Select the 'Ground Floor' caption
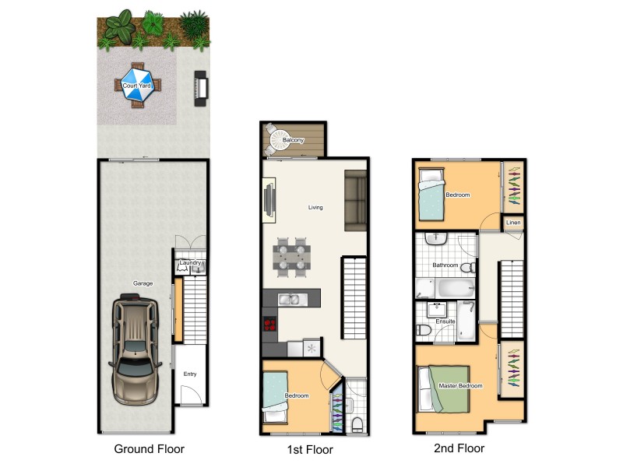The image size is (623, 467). tap(150, 449)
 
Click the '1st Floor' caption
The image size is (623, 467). tap(310, 450)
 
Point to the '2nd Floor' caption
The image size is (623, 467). tap(459, 448)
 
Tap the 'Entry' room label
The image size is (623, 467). tap(190, 374)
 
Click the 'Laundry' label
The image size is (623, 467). tap(191, 263)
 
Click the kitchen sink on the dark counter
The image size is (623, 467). tap(289, 298)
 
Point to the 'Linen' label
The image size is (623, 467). tap(513, 223)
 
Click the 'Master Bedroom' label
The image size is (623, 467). tap(460, 386)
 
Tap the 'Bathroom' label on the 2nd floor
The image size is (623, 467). tap(445, 265)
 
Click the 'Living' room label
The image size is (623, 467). tap(315, 208)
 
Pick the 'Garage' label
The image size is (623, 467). tap(142, 284)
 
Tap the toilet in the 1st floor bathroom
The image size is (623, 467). tap(357, 423)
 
